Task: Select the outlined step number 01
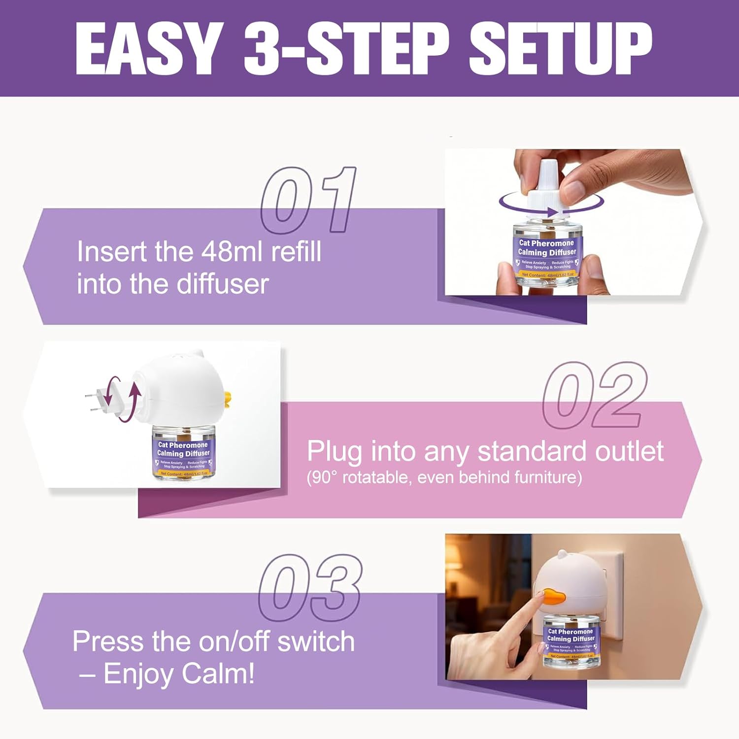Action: pyautogui.click(x=308, y=200)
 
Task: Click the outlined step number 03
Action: pyautogui.click(x=310, y=587)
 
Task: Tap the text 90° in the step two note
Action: pyautogui.click(x=323, y=477)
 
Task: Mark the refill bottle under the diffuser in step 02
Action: pyautogui.click(x=184, y=452)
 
